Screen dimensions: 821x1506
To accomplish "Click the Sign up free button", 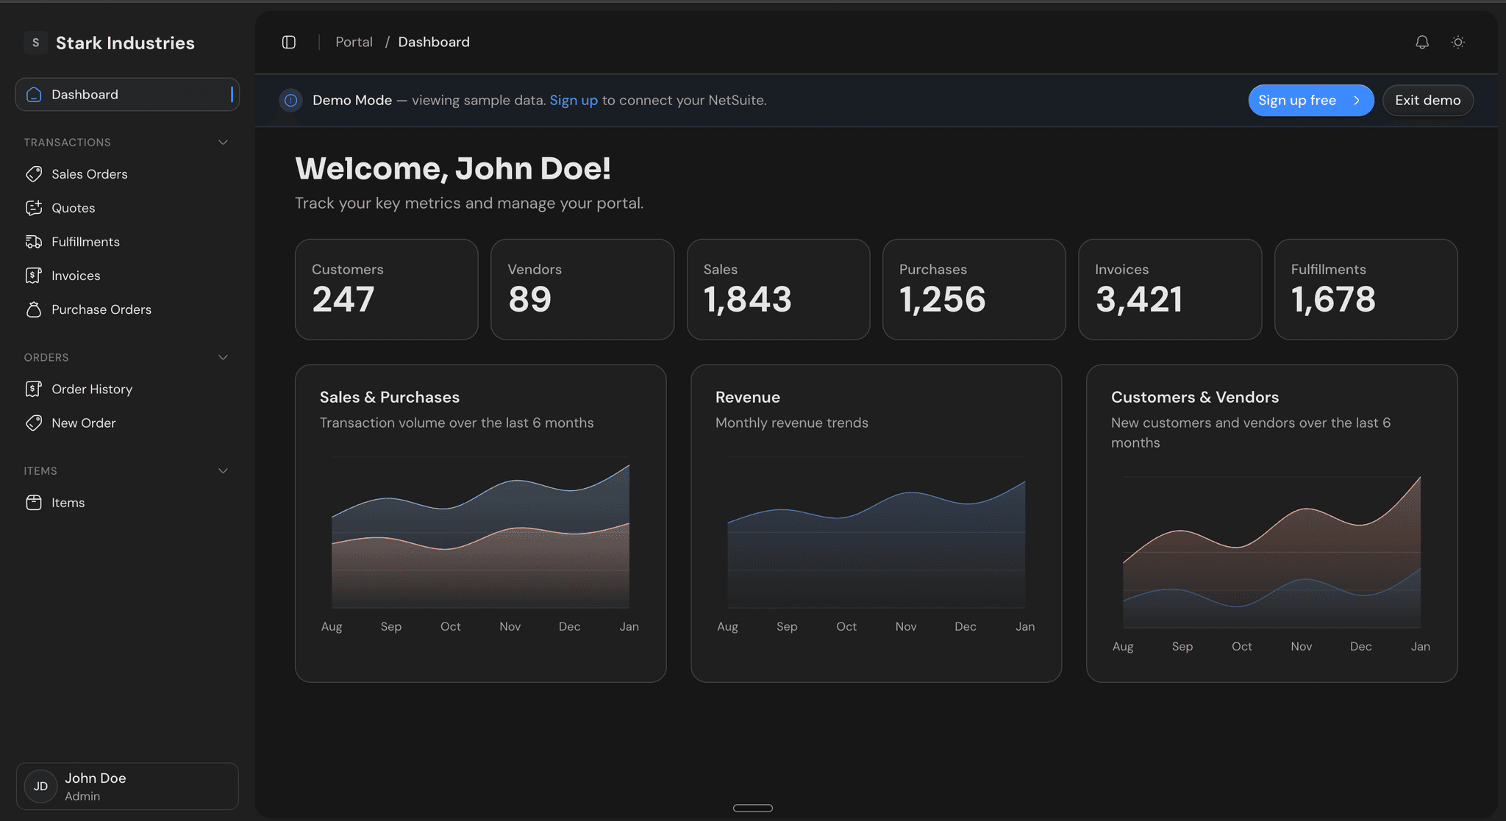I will (x=1310, y=101).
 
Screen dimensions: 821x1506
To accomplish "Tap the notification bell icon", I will (x=1422, y=43).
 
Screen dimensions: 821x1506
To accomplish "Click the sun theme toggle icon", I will (x=1458, y=43).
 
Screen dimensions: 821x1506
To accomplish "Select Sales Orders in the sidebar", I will (x=89, y=174).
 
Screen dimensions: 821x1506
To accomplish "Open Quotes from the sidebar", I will (x=73, y=208).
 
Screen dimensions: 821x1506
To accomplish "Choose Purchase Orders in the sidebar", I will (x=101, y=309).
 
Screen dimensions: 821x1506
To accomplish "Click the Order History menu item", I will (x=91, y=389).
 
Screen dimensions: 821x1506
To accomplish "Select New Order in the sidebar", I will (x=83, y=423).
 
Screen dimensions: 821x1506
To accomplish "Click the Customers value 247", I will (x=343, y=299).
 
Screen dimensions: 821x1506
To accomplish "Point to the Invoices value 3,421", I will (x=1139, y=299).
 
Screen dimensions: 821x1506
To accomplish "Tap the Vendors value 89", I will (x=529, y=299).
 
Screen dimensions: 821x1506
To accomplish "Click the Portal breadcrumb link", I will (x=354, y=42).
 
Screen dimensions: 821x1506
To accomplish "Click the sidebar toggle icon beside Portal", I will (x=289, y=43).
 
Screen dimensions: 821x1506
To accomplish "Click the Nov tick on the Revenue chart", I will (x=906, y=626).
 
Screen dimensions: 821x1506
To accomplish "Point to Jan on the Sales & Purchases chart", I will (x=629, y=626).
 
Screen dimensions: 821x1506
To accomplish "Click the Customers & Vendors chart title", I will (x=1194, y=397).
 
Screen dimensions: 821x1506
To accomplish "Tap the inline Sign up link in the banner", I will (x=574, y=100).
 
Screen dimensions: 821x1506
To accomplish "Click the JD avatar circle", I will (x=40, y=786).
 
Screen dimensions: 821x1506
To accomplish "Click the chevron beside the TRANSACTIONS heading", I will (x=223, y=143).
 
